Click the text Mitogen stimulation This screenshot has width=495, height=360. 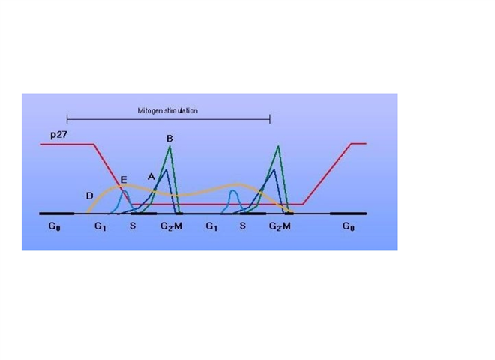pyautogui.click(x=168, y=110)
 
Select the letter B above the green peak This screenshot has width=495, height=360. pyautogui.click(x=169, y=139)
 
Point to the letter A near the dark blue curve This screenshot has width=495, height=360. pyautogui.click(x=151, y=175)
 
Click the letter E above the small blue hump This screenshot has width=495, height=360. pyautogui.click(x=124, y=181)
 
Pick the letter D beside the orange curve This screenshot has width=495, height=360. pyautogui.click(x=89, y=196)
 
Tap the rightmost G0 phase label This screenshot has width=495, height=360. pyautogui.click(x=350, y=226)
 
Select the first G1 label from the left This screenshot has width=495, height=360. pyautogui.click(x=100, y=226)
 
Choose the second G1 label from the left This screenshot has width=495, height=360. pyautogui.click(x=211, y=226)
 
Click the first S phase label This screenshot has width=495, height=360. pyautogui.click(x=133, y=226)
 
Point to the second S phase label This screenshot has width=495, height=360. pyautogui.click(x=243, y=226)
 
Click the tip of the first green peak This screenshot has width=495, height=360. pyautogui.click(x=170, y=146)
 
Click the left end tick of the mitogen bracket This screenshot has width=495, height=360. pyautogui.click(x=67, y=118)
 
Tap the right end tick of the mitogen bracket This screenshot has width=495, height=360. pyautogui.click(x=269, y=118)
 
